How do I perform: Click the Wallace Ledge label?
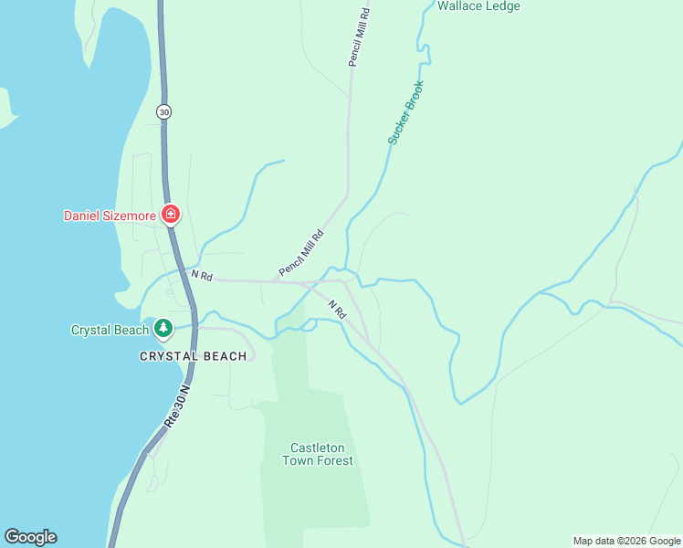(478, 6)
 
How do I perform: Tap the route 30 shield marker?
(163, 111)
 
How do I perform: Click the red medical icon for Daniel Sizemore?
(170, 216)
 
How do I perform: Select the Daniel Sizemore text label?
(110, 216)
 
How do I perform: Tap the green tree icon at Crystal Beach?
(163, 327)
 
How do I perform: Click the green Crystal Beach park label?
(110, 330)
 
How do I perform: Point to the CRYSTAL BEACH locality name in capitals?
(193, 356)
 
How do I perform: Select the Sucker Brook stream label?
(405, 112)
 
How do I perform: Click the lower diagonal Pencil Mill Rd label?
(301, 253)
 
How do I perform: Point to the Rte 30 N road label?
(177, 407)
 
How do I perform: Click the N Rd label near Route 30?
(201, 275)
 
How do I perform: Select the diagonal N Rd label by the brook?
(338, 309)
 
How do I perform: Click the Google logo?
(30, 537)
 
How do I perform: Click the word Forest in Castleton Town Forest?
(332, 460)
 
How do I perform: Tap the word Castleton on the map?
(317, 448)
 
